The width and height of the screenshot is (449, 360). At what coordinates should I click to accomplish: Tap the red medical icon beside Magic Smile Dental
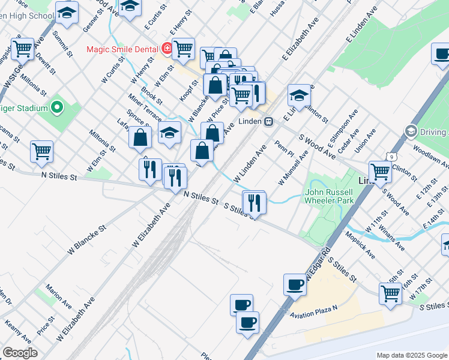coord(166,49)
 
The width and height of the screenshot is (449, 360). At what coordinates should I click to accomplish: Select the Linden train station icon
coord(270,121)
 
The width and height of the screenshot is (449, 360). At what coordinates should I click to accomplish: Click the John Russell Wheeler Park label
coord(329,196)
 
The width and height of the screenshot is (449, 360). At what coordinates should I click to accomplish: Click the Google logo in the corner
coord(20,353)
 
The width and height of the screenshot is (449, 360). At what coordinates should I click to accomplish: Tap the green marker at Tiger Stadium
coord(57,108)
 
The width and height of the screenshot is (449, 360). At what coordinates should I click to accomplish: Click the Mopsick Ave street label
coord(360,247)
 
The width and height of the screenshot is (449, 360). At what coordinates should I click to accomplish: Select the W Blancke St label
coord(88,238)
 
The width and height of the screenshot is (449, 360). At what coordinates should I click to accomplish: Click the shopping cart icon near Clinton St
coord(381,171)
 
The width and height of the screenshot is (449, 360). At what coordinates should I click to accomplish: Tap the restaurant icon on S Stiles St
coord(255,202)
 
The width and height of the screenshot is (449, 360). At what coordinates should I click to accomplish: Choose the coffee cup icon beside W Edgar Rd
coord(295,284)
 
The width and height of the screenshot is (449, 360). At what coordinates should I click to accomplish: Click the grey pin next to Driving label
coord(411,131)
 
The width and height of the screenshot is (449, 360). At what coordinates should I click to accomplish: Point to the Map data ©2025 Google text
coord(412,355)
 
